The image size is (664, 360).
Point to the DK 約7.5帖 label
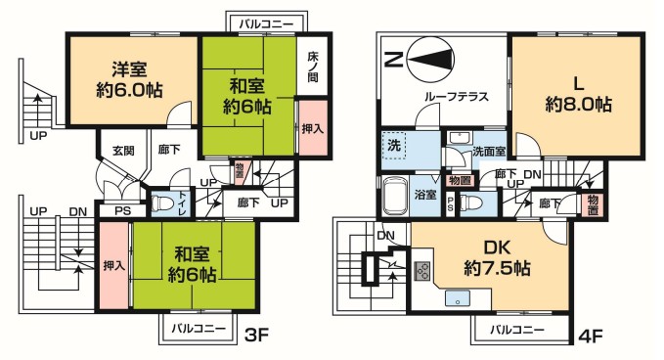click(x=498, y=257)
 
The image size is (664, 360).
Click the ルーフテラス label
click(x=456, y=98)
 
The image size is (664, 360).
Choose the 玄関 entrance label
click(x=122, y=151)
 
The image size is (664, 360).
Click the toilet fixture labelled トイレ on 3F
click(x=163, y=203)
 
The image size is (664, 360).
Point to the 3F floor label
click(x=256, y=335)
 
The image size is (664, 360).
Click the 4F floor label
click(x=590, y=335)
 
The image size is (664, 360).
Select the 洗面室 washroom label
click(x=488, y=152)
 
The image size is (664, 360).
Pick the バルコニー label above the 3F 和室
click(x=266, y=21)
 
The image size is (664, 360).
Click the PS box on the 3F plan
click(x=122, y=210)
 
